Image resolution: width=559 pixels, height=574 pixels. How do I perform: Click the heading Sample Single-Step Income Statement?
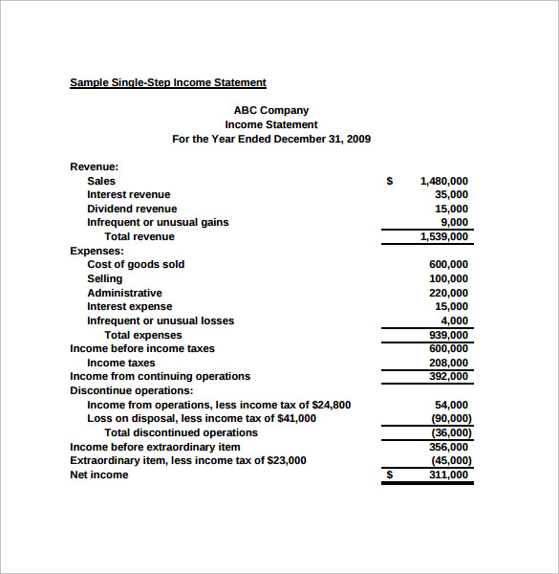(167, 82)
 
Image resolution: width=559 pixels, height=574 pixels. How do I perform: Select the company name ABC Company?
(271, 110)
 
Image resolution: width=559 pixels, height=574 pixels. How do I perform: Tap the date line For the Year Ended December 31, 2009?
(271, 139)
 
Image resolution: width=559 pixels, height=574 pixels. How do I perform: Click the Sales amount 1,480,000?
(444, 181)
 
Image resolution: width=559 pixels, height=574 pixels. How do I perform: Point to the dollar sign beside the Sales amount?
(389, 181)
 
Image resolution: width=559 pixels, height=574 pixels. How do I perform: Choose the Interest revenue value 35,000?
(451, 194)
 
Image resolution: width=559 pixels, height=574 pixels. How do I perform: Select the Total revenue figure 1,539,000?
(444, 236)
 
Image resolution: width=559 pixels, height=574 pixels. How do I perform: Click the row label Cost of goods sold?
(136, 264)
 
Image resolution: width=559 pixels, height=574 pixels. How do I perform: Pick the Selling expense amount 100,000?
(449, 278)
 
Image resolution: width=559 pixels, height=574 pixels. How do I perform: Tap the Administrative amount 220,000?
(449, 293)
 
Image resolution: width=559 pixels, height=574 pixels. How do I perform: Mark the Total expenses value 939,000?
(449, 335)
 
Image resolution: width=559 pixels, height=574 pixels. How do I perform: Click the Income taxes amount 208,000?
(449, 363)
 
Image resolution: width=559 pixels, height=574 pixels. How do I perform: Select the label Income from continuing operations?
(160, 376)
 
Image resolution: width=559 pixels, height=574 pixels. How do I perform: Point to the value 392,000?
(449, 376)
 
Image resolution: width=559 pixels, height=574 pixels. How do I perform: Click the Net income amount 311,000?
(449, 475)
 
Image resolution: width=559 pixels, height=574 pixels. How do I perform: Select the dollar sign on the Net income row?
(389, 475)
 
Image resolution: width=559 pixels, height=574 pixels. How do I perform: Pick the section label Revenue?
(94, 166)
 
